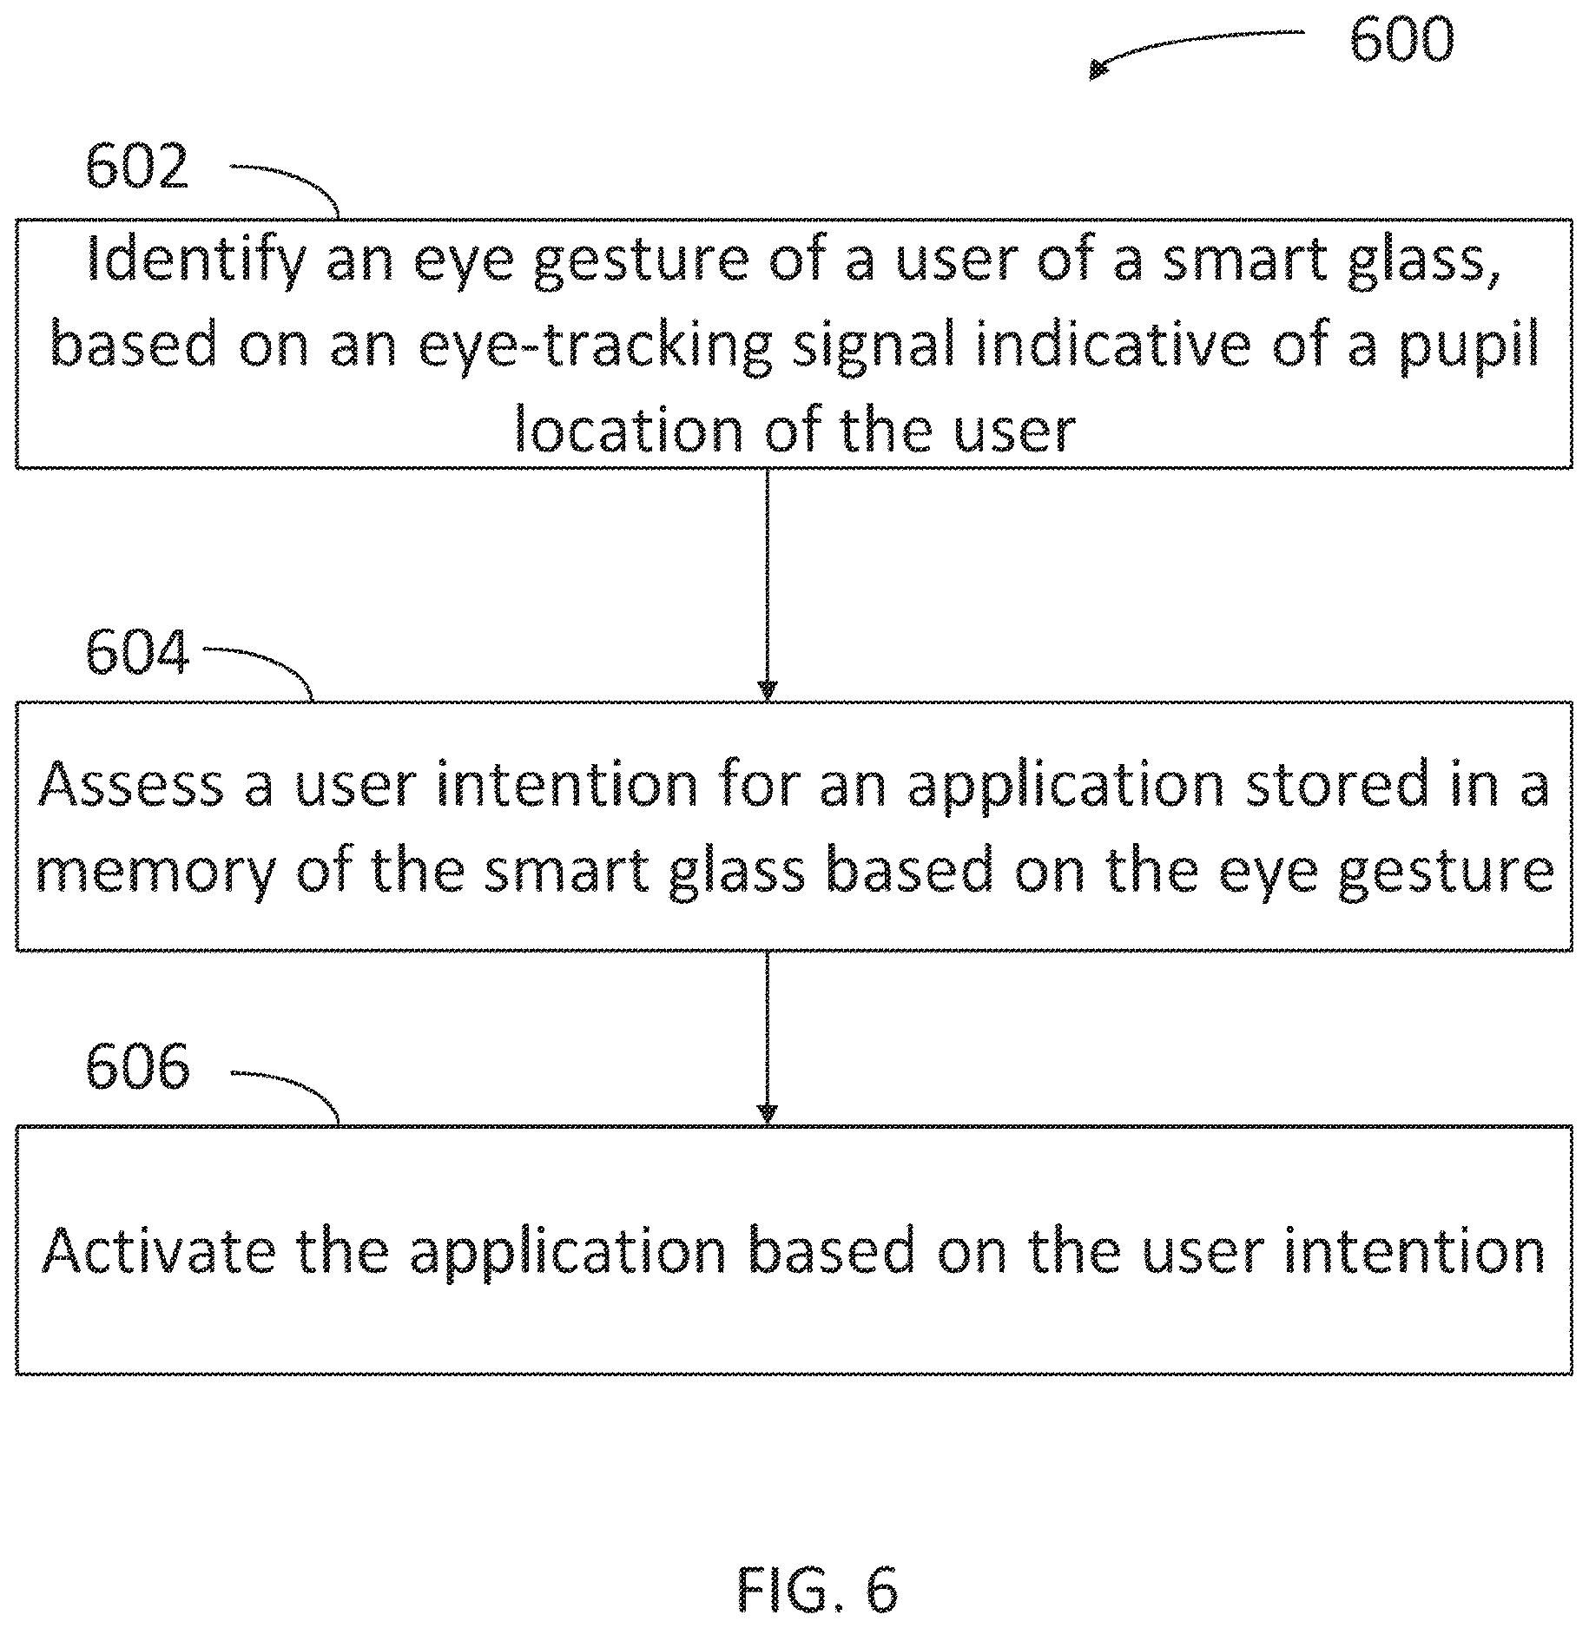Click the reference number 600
(x=1401, y=40)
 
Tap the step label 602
(x=137, y=167)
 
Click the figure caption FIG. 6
(x=818, y=1588)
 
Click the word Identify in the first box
(x=197, y=260)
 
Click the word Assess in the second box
(x=131, y=784)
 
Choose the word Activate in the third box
(x=160, y=1250)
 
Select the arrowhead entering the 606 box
(x=767, y=1114)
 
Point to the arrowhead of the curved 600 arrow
(x=1099, y=69)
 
